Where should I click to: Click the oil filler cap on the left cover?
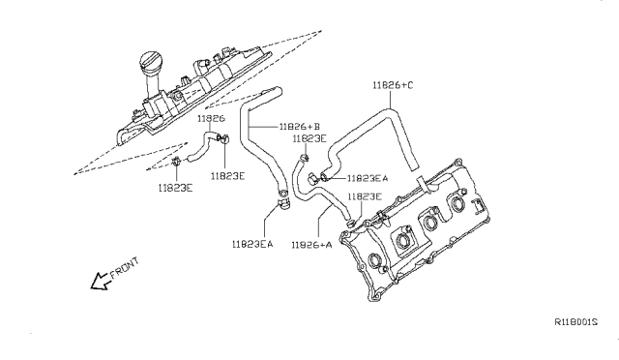click(149, 63)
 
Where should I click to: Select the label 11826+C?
click(393, 85)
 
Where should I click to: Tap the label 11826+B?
click(300, 127)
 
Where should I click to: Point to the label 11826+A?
click(311, 245)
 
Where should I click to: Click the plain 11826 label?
click(211, 118)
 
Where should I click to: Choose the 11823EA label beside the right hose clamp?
click(368, 179)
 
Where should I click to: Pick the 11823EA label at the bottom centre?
click(252, 244)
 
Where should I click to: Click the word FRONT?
click(125, 268)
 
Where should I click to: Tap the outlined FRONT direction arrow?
click(99, 281)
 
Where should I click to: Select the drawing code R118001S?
click(576, 322)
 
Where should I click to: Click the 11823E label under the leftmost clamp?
click(176, 188)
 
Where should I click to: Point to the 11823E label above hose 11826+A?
click(309, 138)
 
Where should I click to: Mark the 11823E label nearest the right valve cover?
click(365, 196)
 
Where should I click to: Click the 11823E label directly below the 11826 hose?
click(228, 176)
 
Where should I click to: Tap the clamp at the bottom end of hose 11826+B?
click(283, 204)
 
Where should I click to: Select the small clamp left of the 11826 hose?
click(176, 161)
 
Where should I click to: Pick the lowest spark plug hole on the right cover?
click(374, 261)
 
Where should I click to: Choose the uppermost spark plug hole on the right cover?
click(457, 203)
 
